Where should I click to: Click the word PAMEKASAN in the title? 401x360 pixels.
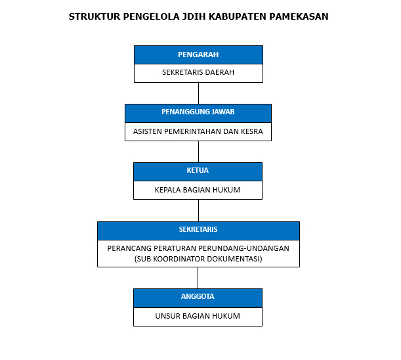click(299, 16)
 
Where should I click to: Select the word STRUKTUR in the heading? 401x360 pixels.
click(95, 16)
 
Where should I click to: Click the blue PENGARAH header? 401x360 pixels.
click(198, 55)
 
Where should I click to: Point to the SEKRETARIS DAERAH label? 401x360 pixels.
click(198, 72)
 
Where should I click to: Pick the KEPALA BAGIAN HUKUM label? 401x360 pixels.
click(198, 190)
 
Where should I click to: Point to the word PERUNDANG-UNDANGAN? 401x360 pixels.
click(243, 248)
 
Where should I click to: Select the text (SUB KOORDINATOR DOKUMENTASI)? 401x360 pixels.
click(198, 259)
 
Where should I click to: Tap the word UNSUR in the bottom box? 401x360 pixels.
click(167, 316)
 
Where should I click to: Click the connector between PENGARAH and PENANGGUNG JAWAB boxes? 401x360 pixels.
click(198, 93)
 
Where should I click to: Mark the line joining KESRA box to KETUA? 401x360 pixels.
click(198, 152)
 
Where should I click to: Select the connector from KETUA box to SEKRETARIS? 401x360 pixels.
click(198, 210)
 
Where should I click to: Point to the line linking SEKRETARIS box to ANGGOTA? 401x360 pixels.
click(198, 278)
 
